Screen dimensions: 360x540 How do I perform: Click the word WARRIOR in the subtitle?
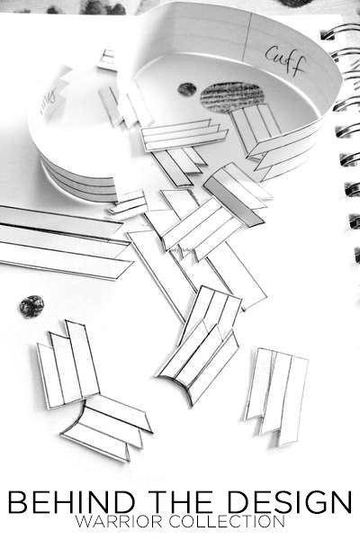pyautogui.click(x=119, y=522)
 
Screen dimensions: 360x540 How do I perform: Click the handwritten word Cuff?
pyautogui.click(x=285, y=62)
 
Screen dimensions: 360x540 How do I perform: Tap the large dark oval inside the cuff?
pyautogui.click(x=232, y=97)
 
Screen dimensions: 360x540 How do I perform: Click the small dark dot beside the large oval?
pyautogui.click(x=186, y=89)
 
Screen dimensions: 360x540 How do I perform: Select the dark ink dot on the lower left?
pyautogui.click(x=31, y=306)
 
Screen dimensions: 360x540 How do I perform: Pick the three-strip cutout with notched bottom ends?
pyautogui.click(x=276, y=397)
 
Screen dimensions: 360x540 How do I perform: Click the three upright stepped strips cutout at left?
pyautogui.click(x=67, y=365)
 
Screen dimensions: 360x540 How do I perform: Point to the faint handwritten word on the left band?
pyautogui.click(x=49, y=100)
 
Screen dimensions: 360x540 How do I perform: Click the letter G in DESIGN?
pyautogui.click(x=314, y=502)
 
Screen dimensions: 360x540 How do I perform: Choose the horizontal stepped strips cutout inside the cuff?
pyautogui.click(x=184, y=135)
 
